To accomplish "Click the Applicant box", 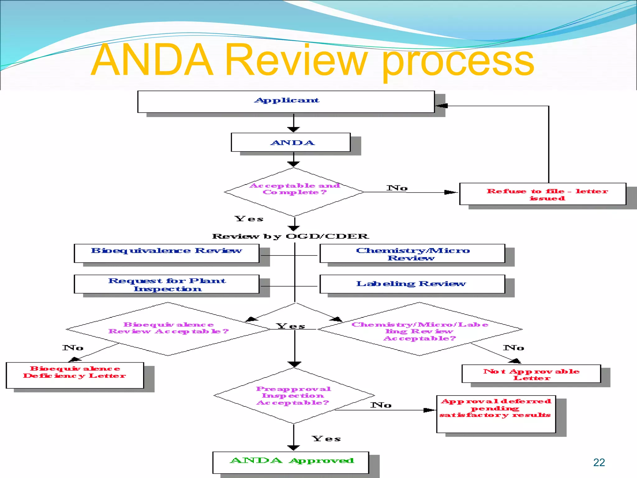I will pyautogui.click(x=286, y=101).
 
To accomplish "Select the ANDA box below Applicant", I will pyautogui.click(x=291, y=143).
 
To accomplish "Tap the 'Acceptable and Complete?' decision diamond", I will pyautogui.click(x=294, y=192).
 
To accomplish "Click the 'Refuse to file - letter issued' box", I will pyautogui.click(x=542, y=194).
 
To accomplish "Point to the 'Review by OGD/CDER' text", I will pyautogui.click(x=291, y=237).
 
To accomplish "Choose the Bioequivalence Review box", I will pyautogui.click(x=166, y=253).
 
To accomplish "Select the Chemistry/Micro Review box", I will pyautogui.click(x=412, y=253).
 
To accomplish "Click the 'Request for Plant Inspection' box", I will pyautogui.click(x=166, y=284).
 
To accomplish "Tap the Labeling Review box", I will pyautogui.click(x=412, y=284).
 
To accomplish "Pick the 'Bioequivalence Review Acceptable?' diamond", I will pyautogui.click(x=168, y=329).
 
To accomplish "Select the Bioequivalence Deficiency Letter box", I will pyautogui.click(x=75, y=375).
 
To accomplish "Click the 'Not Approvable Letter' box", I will pyautogui.click(x=531, y=374).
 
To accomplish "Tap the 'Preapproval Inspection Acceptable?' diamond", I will pyautogui.click(x=294, y=396).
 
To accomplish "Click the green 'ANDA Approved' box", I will pyautogui.click(x=291, y=462).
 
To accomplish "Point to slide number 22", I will pyautogui.click(x=599, y=462).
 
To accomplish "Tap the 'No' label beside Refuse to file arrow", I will pyautogui.click(x=397, y=188).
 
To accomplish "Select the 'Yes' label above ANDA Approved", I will pyautogui.click(x=326, y=439).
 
